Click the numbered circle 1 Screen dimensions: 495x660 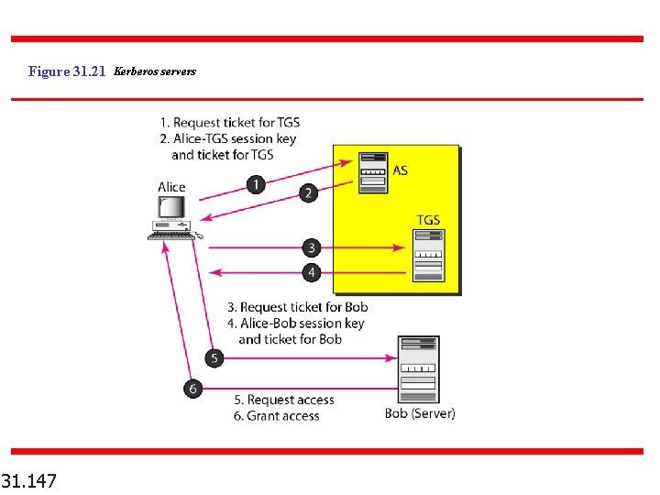[256, 184]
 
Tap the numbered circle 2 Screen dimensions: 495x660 [309, 192]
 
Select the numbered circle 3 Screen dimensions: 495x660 [312, 247]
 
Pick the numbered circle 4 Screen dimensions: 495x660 [312, 272]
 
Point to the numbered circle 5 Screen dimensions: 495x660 [214, 358]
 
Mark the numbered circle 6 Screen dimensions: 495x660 [192, 389]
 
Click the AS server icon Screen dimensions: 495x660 [373, 171]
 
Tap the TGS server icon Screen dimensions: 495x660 [427, 256]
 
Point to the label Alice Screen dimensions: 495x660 [171, 187]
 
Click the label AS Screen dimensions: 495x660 [401, 170]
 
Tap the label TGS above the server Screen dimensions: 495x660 [428, 220]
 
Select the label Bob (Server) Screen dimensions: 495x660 [420, 413]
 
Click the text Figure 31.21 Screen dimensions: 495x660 [67, 71]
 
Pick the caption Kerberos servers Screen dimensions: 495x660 [154, 71]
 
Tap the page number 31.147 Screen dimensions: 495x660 [28, 479]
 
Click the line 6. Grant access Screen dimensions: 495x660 [276, 415]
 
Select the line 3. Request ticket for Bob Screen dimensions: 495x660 [297, 307]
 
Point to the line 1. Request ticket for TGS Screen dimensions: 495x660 [229, 122]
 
